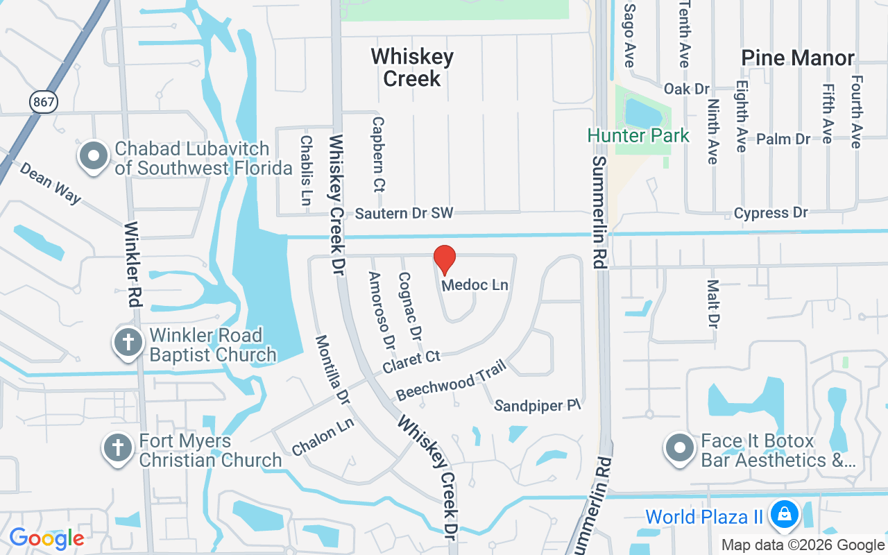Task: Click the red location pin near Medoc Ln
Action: [x=445, y=260]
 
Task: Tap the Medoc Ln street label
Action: [x=475, y=285]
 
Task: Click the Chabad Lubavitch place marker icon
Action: [x=93, y=157]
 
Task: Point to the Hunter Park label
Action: [x=638, y=135]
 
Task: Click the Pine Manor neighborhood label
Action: [x=798, y=58]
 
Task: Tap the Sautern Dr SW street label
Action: [x=404, y=214]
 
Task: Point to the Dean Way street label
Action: [x=50, y=184]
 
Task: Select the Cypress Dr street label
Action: [x=771, y=213]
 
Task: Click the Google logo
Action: [x=46, y=538]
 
